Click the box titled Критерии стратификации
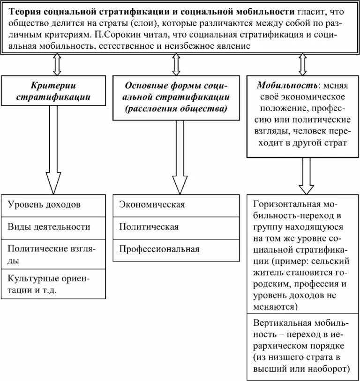click(x=53, y=91)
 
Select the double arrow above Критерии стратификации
click(x=57, y=64)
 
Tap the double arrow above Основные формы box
click(x=176, y=64)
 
